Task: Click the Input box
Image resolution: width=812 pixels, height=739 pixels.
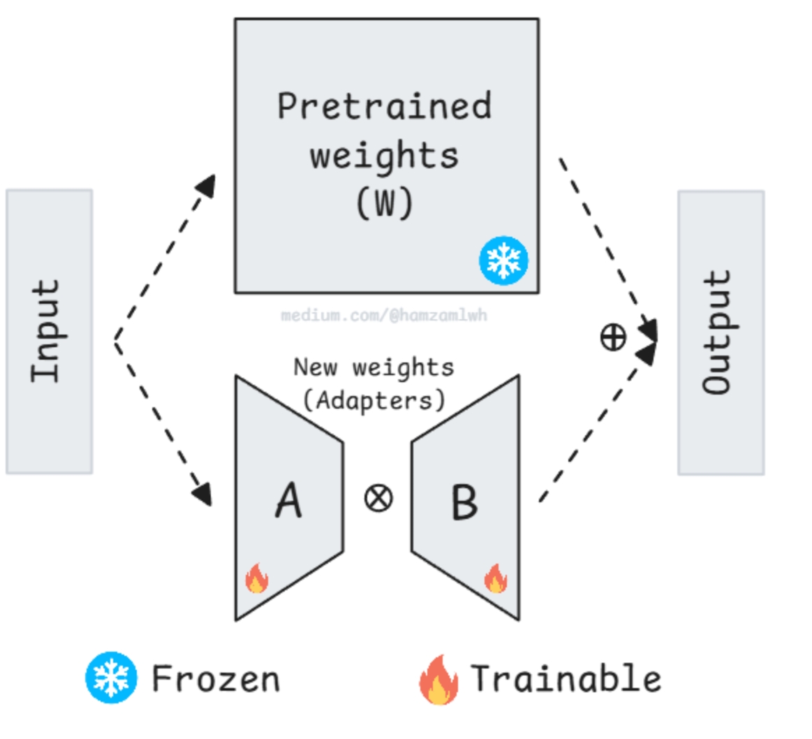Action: pyautogui.click(x=49, y=332)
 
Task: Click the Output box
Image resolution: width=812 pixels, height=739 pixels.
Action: pyautogui.click(x=721, y=332)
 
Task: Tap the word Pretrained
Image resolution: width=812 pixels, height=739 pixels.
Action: pyautogui.click(x=384, y=105)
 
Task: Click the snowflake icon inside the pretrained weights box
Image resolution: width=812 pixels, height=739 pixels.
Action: pyautogui.click(x=503, y=261)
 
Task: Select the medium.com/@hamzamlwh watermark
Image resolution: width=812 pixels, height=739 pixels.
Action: pyautogui.click(x=384, y=315)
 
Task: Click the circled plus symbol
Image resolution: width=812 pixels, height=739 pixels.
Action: pyautogui.click(x=613, y=337)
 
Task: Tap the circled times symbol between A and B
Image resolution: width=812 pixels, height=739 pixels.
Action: pyautogui.click(x=378, y=499)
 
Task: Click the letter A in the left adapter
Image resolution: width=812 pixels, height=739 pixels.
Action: pyautogui.click(x=288, y=501)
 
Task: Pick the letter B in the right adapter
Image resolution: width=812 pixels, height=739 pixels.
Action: pyautogui.click(x=464, y=502)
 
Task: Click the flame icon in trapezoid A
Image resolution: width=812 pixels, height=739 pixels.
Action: pyautogui.click(x=257, y=578)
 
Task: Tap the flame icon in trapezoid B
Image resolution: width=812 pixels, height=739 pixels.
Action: pyautogui.click(x=496, y=578)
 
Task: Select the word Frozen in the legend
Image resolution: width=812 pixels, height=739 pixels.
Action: pyautogui.click(x=216, y=679)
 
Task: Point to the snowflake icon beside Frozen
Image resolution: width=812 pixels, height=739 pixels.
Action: pyautogui.click(x=111, y=678)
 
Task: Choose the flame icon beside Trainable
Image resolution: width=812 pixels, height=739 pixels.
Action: pyautogui.click(x=438, y=680)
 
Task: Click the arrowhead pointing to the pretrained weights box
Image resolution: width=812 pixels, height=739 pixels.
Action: pyautogui.click(x=206, y=186)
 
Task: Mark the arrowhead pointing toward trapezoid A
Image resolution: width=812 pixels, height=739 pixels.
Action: pyautogui.click(x=202, y=495)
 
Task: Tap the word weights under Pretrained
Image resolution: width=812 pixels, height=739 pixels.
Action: pyautogui.click(x=384, y=156)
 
